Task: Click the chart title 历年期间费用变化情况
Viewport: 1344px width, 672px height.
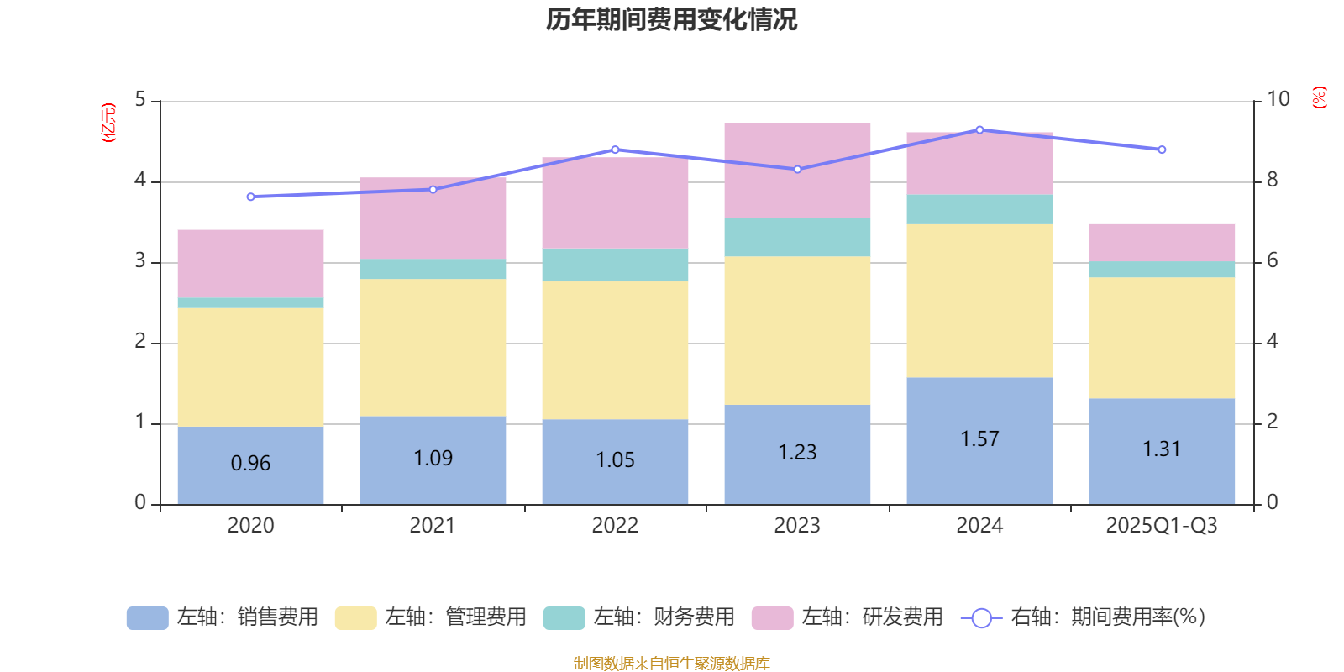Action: point(671,19)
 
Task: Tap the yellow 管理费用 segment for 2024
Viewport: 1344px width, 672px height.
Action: point(979,300)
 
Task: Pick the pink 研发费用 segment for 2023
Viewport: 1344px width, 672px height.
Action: point(797,170)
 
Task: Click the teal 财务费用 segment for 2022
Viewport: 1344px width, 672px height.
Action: point(615,265)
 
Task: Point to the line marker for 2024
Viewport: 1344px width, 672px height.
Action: point(979,129)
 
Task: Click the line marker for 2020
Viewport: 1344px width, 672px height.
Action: point(250,197)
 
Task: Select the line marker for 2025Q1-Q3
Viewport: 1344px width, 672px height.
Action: point(1162,150)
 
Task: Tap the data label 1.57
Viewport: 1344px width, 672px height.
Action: point(979,438)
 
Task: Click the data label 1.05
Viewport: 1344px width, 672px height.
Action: point(615,459)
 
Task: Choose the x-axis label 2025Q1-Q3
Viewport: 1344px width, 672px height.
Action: point(1162,526)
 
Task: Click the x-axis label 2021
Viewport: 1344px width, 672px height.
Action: point(433,526)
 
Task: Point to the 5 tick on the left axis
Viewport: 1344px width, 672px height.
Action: point(140,100)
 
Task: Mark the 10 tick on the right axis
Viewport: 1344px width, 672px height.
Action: point(1278,99)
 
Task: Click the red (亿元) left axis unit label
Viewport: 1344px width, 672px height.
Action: point(108,123)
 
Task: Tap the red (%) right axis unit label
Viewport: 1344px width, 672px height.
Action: point(1320,97)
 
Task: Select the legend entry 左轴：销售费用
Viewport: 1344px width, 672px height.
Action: point(223,617)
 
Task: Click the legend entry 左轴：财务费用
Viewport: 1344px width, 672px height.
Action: point(639,617)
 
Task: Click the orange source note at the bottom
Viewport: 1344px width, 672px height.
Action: point(671,664)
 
